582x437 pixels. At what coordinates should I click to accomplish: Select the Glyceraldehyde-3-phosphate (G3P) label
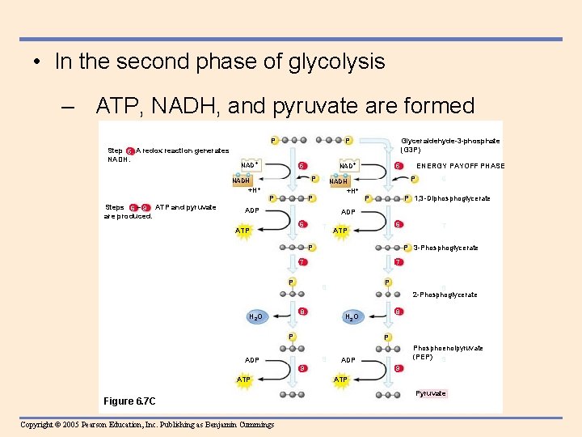pos(450,145)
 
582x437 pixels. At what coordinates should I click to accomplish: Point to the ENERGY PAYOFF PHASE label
pos(461,166)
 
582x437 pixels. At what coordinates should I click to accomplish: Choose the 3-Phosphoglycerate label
pos(445,248)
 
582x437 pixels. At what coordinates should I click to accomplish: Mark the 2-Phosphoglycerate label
pos(445,295)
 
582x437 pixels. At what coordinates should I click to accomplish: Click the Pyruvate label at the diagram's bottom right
pos(431,393)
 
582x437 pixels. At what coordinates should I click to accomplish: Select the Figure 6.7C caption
pos(129,401)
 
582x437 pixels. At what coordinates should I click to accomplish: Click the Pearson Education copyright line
pos(147,425)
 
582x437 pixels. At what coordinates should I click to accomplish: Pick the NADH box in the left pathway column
pos(241,180)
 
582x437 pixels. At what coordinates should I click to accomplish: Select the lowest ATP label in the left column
pos(243,379)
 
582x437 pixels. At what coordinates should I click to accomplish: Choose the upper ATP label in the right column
pos(341,231)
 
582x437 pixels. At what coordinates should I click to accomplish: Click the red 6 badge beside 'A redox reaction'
pos(129,151)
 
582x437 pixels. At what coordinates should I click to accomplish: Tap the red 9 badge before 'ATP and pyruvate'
pos(145,208)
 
